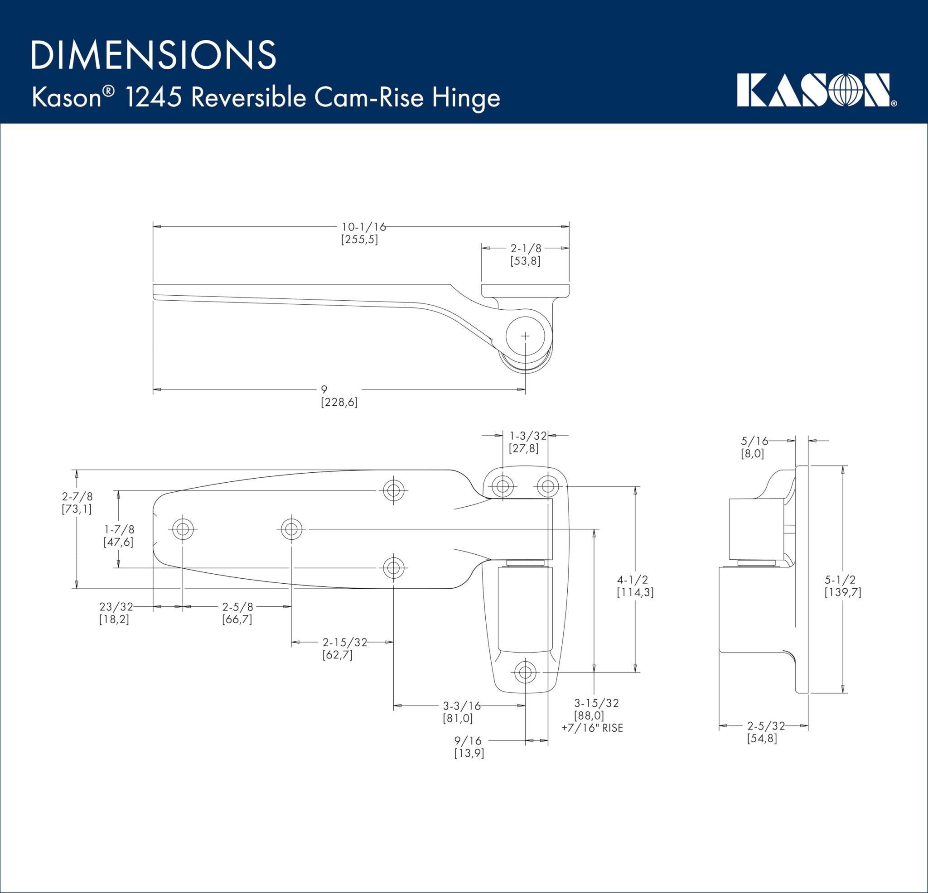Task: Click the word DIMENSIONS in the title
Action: pos(154,55)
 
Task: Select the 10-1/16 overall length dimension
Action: pos(363,227)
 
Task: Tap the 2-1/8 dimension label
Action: pos(526,248)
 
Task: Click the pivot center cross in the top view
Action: pos(525,336)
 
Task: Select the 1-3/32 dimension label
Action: pos(528,435)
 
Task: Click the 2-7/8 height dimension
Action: pos(77,496)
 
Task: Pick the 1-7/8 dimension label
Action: pos(119,529)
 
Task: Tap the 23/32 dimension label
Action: pos(116,607)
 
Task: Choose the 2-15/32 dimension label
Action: pos(345,642)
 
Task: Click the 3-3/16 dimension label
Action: pos(462,706)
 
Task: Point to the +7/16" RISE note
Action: pos(592,728)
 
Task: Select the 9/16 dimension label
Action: pos(468,740)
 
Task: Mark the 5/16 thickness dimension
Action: pos(754,441)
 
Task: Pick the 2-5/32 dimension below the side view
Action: pos(766,725)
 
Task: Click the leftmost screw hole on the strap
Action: pos(183,529)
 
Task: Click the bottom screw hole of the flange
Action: pos(525,672)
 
